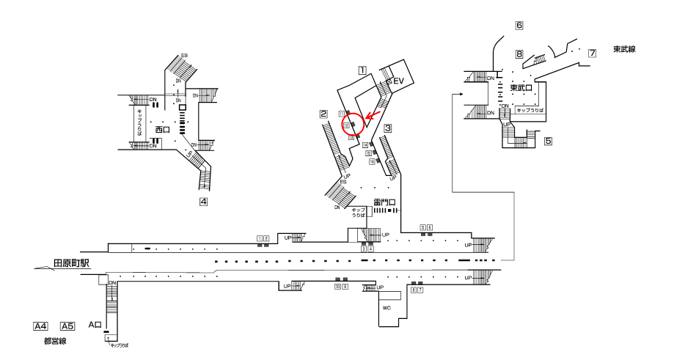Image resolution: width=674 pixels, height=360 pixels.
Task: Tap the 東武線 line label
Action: (x=623, y=49)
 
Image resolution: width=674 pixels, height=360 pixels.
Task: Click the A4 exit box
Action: (x=41, y=326)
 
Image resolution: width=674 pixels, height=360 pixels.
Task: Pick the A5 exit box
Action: (x=67, y=326)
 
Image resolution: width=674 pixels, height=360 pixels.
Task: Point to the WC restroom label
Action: (x=387, y=308)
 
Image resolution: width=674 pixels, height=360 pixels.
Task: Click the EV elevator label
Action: (x=399, y=81)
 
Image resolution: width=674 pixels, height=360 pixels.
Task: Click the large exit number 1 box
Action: (x=362, y=71)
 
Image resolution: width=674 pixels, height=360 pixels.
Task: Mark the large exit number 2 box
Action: (x=323, y=114)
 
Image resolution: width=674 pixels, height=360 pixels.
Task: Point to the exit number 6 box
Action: (x=519, y=26)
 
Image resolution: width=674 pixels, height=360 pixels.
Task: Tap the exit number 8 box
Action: (x=519, y=54)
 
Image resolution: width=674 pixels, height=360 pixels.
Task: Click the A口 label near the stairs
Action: (x=94, y=324)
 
